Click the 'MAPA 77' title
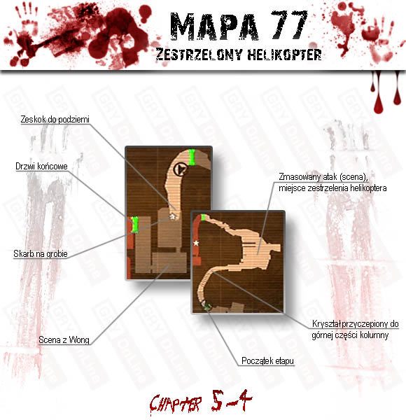point(239,26)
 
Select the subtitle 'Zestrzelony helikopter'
point(239,55)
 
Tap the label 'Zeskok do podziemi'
point(55,120)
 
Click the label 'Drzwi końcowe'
point(41,167)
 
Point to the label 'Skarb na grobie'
point(41,253)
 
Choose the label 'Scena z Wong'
point(64,340)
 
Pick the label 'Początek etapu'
point(267,360)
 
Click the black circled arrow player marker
point(180,169)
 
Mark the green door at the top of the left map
point(192,157)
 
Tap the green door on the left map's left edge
point(135,225)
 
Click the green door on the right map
point(203,217)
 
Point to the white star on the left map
point(174,216)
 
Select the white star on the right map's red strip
point(196,243)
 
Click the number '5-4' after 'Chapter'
point(232,400)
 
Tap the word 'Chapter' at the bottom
point(176,403)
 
